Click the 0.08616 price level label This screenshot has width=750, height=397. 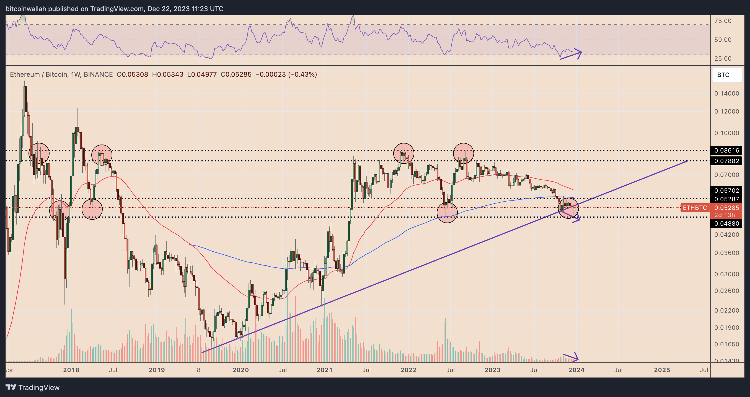pos(726,150)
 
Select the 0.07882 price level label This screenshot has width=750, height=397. pos(726,161)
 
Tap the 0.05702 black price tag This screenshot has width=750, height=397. pos(726,190)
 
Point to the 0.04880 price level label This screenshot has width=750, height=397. pos(726,223)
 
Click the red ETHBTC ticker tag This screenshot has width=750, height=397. pos(695,208)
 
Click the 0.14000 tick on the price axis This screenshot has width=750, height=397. pos(727,94)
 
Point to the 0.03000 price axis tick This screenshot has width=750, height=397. pos(727,274)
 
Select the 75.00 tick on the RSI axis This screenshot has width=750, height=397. pos(723,21)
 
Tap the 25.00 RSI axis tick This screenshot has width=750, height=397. pos(723,58)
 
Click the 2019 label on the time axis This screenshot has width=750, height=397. pos(157,370)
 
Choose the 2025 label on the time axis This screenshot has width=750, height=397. pos(662,370)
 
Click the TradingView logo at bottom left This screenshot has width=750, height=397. pos(33,387)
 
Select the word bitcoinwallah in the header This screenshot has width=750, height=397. pos(26,9)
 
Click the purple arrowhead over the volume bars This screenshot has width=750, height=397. pos(575,357)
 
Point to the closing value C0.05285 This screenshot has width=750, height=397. pos(236,74)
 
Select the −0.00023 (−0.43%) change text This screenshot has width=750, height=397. pos(286,74)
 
